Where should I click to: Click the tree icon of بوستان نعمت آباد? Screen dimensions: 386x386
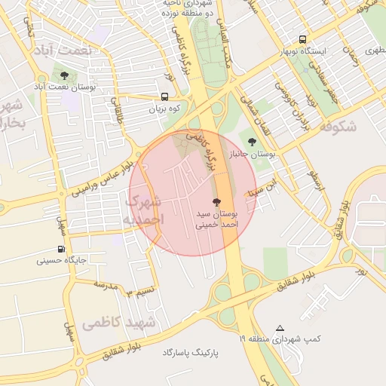coord(64,75)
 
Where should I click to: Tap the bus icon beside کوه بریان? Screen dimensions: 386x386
coord(164,96)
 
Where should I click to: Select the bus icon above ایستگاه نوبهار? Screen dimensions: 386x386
coord(302,39)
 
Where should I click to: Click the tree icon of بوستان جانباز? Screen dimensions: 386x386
coord(252,141)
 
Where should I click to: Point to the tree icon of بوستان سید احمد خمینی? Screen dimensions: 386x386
coord(218,201)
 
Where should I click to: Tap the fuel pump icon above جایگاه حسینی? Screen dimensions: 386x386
coord(60,250)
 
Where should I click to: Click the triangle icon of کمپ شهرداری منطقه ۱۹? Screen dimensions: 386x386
coord(280,328)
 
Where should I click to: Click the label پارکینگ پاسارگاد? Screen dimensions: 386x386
coord(194,353)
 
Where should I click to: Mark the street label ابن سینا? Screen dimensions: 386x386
coord(269,183)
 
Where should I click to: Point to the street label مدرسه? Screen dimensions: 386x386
coord(106,286)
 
